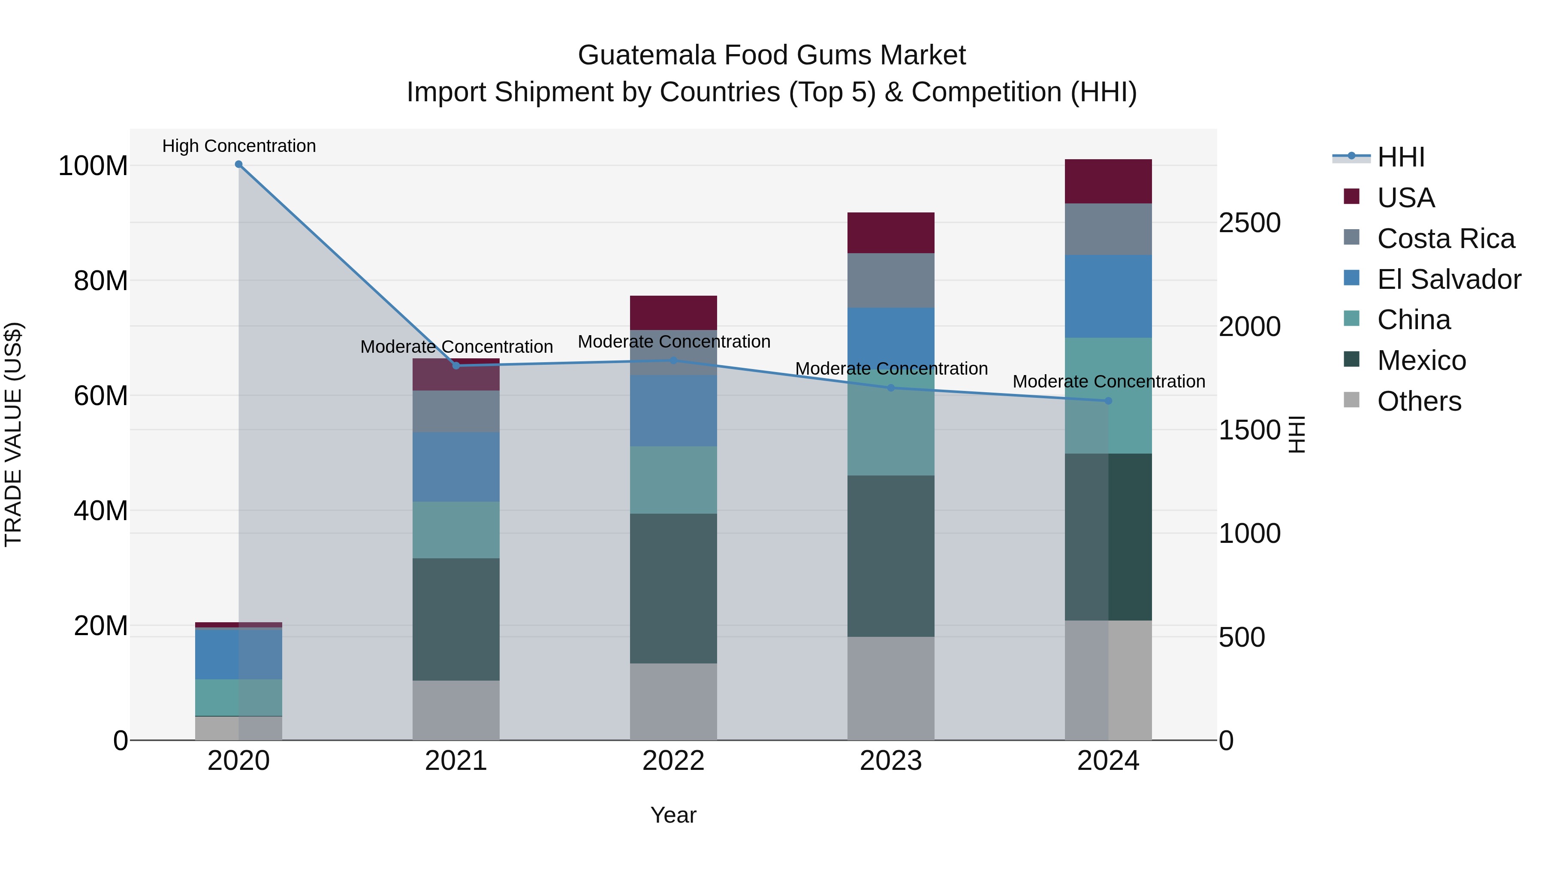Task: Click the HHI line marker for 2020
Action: (x=238, y=164)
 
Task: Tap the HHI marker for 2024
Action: (x=1108, y=401)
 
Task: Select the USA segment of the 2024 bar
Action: (x=1108, y=181)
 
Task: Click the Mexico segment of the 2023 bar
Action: (x=891, y=556)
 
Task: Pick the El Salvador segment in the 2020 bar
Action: (x=238, y=654)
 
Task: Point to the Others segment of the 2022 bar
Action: (x=673, y=701)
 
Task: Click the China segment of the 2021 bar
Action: (x=456, y=530)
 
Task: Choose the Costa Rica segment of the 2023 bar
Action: (x=891, y=280)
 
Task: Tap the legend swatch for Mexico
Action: (x=1351, y=360)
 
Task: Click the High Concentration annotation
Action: (x=238, y=146)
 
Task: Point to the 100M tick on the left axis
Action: (x=93, y=166)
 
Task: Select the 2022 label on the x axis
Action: (x=673, y=761)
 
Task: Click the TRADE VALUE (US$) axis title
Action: (x=13, y=434)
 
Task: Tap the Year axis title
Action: (x=673, y=815)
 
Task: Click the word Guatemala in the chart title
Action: (x=647, y=55)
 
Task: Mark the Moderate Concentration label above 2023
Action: (x=891, y=369)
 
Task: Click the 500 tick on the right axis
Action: (x=1242, y=637)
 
